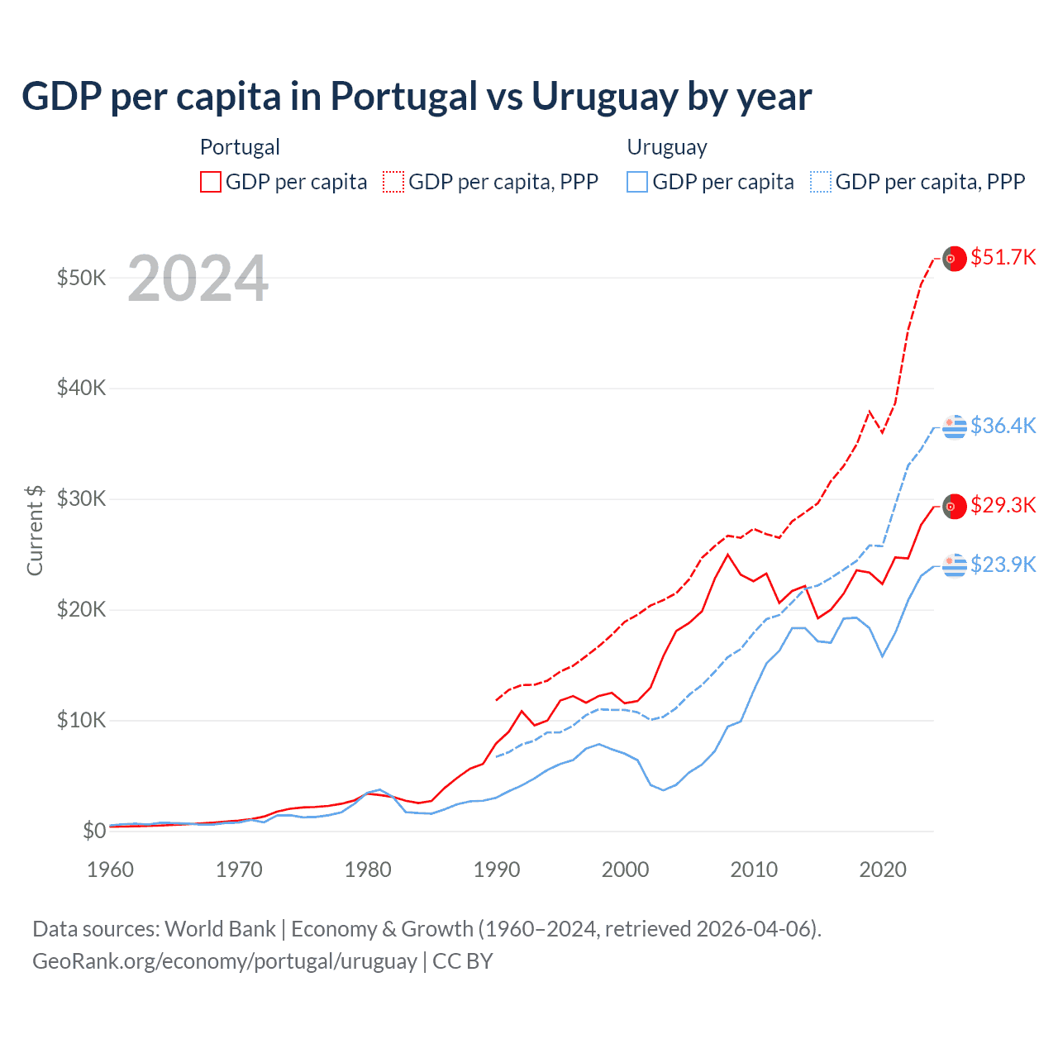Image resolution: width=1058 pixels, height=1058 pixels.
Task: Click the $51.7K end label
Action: point(1003,257)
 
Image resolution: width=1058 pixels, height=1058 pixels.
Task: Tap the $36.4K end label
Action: point(1003,426)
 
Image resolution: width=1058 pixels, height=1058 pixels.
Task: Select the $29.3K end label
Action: point(1003,505)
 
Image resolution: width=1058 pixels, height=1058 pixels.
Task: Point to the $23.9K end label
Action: point(1003,565)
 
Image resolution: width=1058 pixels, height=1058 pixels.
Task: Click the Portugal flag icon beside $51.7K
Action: point(955,259)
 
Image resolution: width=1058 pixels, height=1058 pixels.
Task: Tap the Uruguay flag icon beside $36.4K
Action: point(955,427)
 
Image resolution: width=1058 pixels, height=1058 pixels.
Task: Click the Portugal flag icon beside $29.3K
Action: point(955,506)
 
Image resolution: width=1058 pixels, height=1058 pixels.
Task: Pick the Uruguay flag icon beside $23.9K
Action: point(955,565)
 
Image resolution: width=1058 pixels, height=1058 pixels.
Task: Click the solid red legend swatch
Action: point(211,182)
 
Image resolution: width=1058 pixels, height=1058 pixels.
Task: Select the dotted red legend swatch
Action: point(393,182)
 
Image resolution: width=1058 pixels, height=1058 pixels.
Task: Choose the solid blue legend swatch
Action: point(637,182)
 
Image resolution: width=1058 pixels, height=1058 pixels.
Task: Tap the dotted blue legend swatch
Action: point(821,182)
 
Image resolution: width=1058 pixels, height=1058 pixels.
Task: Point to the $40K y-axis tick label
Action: point(81,388)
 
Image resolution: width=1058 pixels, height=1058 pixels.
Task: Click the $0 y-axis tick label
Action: point(94,831)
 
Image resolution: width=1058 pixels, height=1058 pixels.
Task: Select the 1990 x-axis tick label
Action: point(497,870)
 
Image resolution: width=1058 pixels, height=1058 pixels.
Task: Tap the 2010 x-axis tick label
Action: point(754,870)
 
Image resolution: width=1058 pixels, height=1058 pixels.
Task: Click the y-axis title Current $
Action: point(35,530)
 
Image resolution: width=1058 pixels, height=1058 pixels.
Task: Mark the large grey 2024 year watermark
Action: point(198,279)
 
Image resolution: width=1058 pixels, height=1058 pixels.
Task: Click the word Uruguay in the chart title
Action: point(602,96)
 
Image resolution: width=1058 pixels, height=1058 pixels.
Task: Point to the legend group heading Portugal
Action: point(240,147)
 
